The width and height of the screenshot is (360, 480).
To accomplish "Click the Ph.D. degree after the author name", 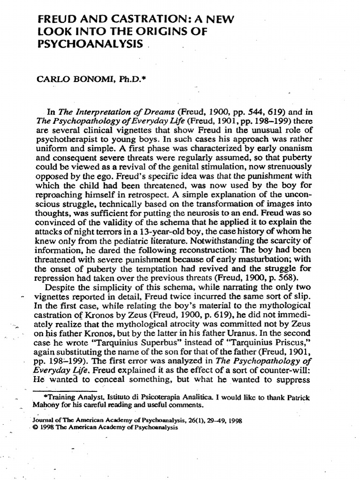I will (x=120, y=81).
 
